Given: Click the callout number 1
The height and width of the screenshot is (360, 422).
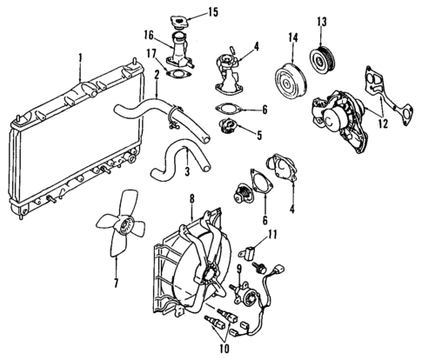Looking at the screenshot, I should coord(81,62).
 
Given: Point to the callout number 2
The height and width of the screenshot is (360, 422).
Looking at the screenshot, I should coord(156,75).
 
